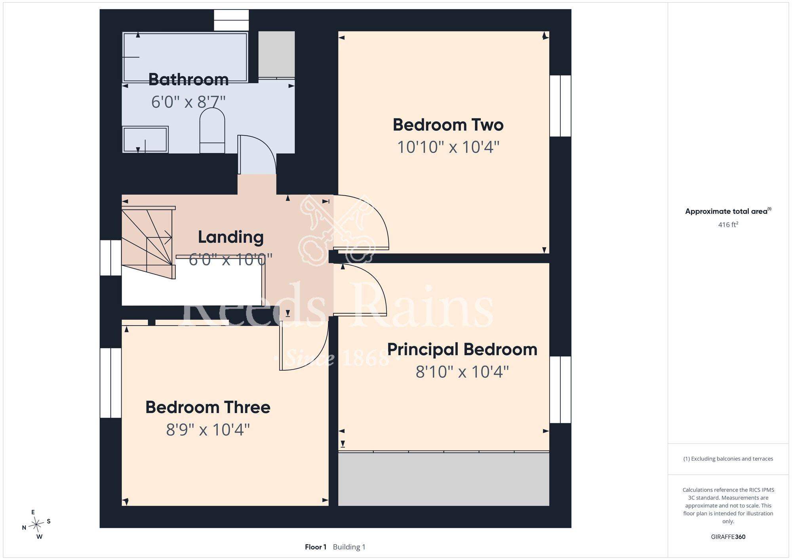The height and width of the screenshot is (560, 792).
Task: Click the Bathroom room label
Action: click(188, 80)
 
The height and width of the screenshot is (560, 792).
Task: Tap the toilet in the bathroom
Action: click(212, 130)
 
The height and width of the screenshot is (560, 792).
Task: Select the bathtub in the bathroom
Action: click(185, 57)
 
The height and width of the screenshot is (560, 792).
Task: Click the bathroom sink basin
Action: click(145, 139)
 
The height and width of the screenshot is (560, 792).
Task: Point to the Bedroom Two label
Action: click(448, 125)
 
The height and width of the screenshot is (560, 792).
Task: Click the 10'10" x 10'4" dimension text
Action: click(448, 147)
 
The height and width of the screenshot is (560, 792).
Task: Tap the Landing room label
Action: click(231, 237)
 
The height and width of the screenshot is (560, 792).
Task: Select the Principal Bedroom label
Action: click(462, 349)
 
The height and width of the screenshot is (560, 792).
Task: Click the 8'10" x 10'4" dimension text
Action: click(462, 372)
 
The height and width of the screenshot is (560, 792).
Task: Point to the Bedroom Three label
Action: click(208, 407)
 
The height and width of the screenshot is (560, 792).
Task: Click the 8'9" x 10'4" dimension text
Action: click(208, 430)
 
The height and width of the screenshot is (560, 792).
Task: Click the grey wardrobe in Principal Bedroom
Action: click(444, 479)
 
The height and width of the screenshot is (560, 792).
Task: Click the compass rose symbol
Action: click(36, 525)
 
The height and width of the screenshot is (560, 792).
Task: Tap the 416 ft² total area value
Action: click(728, 225)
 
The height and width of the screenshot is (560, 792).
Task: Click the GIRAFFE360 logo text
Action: click(728, 537)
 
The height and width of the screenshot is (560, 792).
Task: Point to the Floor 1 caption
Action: click(316, 547)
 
